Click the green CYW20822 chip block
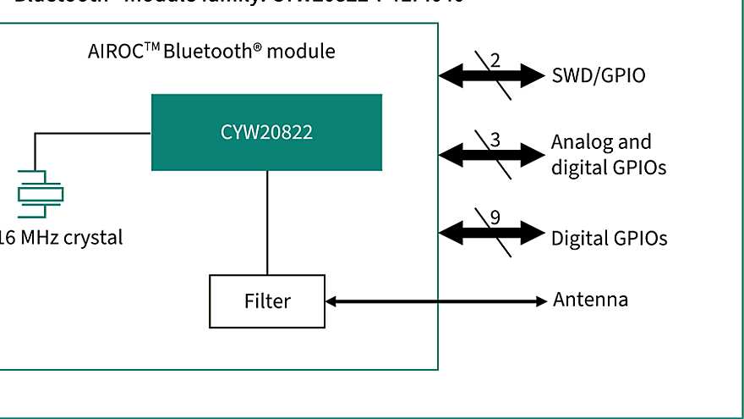266,132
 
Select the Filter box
266,300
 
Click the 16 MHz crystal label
60,238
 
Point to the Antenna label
590,300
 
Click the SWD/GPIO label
598,75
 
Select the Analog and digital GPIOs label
608,155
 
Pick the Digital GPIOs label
609,238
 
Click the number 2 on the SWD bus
495,60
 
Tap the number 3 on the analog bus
495,141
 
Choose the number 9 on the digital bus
495,217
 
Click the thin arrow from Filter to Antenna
435,300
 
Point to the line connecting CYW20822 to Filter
267,222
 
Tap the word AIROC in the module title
113,52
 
